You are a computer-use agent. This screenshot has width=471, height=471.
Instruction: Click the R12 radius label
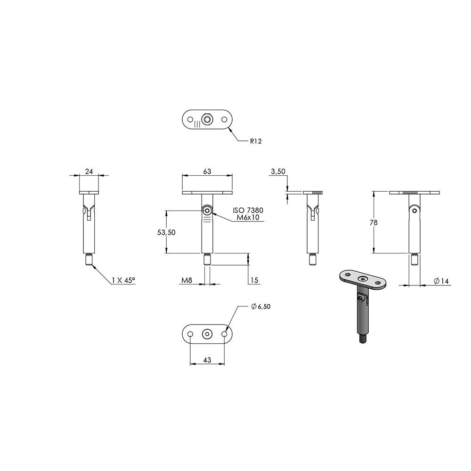tap(256, 141)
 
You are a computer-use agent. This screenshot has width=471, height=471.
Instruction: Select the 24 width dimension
tap(89, 171)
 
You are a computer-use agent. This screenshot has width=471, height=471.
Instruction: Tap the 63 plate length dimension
tap(207, 171)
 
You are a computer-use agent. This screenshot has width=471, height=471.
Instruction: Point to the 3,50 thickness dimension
tap(278, 171)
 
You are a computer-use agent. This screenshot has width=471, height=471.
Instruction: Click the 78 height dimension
tap(374, 223)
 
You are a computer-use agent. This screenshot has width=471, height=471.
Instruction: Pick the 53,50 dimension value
tap(166, 232)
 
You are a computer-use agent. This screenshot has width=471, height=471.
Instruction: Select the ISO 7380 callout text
tap(248, 210)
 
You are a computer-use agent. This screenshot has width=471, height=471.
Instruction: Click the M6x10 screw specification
tap(248, 217)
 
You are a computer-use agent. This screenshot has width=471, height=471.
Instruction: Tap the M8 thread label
tap(187, 280)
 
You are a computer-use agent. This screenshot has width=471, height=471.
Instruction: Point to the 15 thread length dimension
tap(254, 280)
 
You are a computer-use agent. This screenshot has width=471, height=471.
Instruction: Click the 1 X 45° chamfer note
tap(123, 280)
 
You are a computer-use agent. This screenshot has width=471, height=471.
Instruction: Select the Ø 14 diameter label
tap(441, 281)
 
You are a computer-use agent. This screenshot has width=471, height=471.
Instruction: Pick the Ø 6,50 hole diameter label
tap(261, 307)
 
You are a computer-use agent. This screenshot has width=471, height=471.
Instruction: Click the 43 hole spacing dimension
tap(207, 359)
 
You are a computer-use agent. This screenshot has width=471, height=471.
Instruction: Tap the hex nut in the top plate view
tap(207, 120)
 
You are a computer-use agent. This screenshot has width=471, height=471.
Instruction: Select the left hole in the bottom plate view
tap(190, 334)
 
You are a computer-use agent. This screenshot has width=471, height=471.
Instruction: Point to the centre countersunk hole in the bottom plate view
tap(207, 334)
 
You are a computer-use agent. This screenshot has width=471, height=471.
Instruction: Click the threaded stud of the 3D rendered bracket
tap(363, 340)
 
